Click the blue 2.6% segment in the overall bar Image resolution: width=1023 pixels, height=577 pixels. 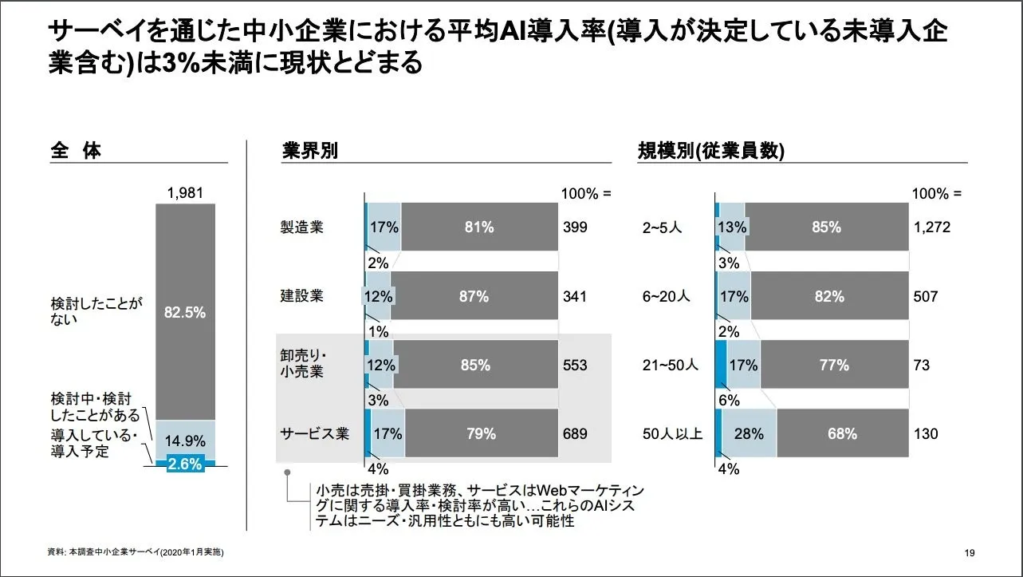185,464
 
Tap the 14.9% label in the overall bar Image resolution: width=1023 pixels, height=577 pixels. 185,441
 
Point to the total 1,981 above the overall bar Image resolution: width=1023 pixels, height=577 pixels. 185,193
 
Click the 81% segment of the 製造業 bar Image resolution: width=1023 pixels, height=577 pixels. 479,227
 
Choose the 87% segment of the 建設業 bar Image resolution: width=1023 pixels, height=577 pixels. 474,297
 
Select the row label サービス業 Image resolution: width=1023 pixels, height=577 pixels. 314,435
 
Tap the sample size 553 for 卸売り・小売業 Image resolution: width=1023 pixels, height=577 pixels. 575,366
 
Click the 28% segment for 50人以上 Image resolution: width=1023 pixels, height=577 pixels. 750,435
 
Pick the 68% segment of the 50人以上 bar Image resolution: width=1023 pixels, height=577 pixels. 843,435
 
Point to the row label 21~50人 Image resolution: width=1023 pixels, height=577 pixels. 671,366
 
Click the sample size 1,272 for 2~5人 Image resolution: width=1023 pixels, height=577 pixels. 932,227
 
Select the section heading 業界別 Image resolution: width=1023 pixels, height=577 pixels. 310,151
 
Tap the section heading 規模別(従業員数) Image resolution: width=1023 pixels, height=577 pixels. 711,151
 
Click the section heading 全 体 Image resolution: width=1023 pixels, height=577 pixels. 76,151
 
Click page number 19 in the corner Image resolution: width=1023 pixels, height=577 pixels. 970,554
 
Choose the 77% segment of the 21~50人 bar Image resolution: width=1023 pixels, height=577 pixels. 835,366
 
